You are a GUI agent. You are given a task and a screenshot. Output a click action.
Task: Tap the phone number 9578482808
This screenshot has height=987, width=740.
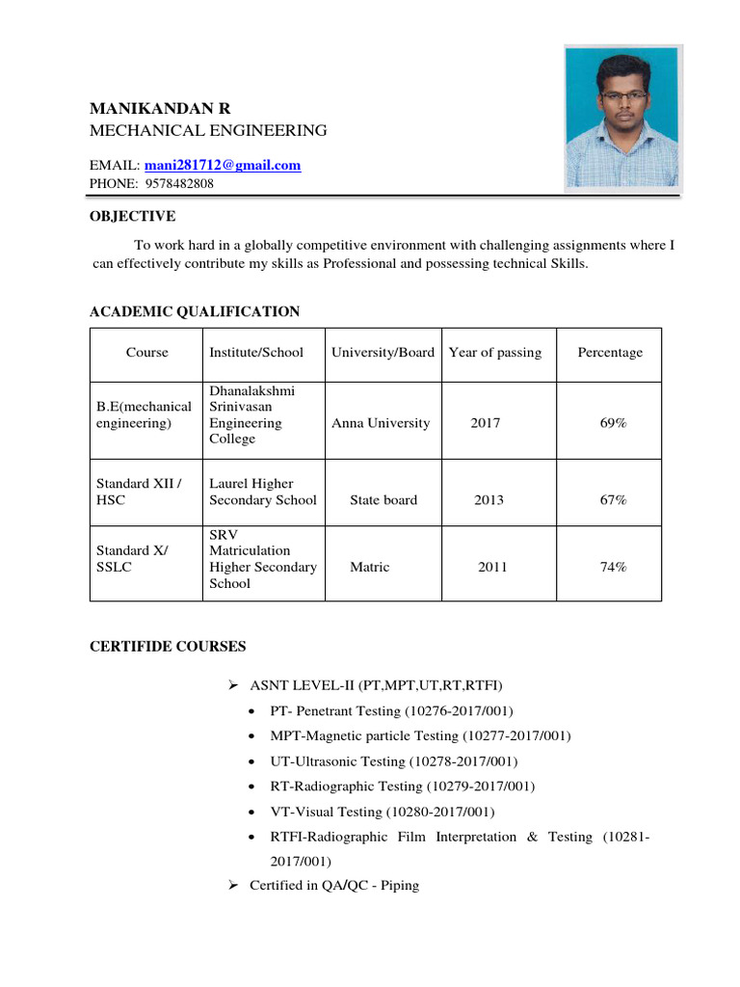[x=179, y=183]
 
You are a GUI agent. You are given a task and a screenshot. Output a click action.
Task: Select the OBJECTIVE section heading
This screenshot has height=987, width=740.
[x=132, y=216]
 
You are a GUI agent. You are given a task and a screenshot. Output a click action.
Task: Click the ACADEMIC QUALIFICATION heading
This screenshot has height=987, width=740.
[x=194, y=311]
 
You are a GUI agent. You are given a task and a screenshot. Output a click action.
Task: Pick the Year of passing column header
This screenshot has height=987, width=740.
[x=495, y=353]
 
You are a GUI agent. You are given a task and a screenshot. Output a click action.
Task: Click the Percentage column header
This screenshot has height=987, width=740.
[x=609, y=353]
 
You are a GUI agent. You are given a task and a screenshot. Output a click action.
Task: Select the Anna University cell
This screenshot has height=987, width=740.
[x=381, y=423]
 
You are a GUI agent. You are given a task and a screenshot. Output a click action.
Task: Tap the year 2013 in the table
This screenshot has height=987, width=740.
[x=489, y=500]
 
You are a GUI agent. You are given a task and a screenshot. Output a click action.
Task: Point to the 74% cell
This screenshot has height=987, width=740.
[x=613, y=568]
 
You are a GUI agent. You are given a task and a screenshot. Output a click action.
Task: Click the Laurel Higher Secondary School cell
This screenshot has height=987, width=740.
[x=262, y=492]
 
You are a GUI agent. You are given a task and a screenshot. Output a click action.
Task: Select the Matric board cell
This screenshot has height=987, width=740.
[x=369, y=568]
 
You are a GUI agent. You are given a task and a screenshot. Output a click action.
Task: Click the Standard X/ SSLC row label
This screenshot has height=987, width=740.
[x=132, y=559]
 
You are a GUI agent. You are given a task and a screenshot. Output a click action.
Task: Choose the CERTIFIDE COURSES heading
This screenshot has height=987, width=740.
[x=168, y=646]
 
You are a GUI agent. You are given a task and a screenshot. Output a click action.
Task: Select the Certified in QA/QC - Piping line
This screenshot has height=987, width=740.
[x=333, y=885]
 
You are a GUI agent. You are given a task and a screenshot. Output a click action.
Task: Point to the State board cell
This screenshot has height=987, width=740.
[x=383, y=500]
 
